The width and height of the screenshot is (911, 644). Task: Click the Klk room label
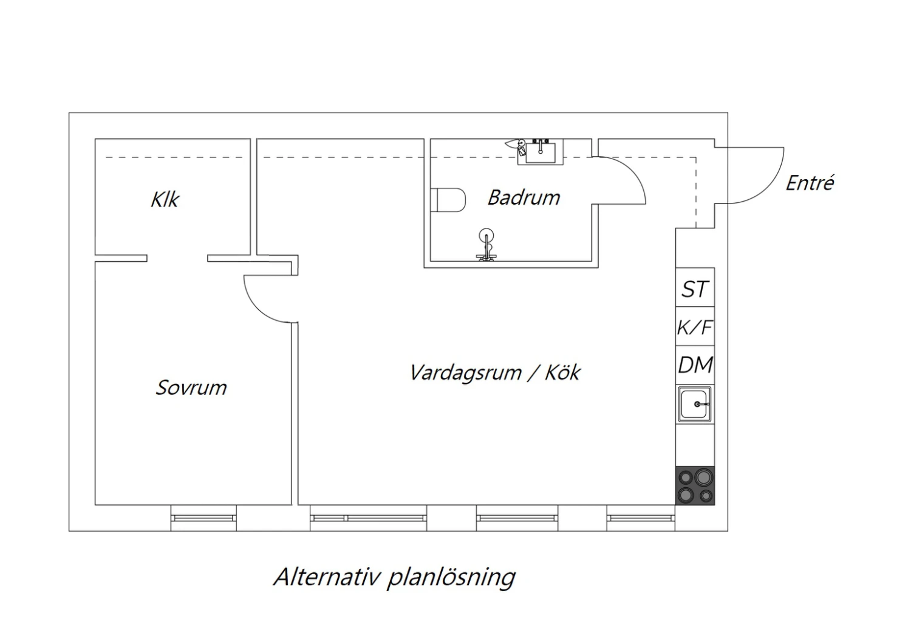tap(165, 199)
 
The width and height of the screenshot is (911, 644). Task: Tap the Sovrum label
tap(191, 387)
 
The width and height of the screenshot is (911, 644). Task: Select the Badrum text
tap(524, 197)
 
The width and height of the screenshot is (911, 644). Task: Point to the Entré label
tap(810, 183)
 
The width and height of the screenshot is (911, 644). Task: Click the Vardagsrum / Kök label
tap(495, 372)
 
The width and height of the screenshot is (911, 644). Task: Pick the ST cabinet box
tap(695, 287)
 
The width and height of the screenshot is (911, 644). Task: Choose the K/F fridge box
tap(695, 326)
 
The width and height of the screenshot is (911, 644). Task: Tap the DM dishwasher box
tap(695, 365)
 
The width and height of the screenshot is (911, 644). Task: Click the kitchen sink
tap(695, 405)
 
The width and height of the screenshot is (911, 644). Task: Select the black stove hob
tap(695, 485)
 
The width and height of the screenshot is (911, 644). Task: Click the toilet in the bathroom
tap(448, 200)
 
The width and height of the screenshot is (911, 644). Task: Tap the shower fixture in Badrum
tap(486, 244)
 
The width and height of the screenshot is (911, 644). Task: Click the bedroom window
tap(203, 518)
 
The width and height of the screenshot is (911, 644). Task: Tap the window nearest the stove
tap(641, 518)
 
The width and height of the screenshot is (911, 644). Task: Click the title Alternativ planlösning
tap(395, 577)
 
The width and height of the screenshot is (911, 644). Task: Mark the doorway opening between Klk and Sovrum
tap(177, 258)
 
